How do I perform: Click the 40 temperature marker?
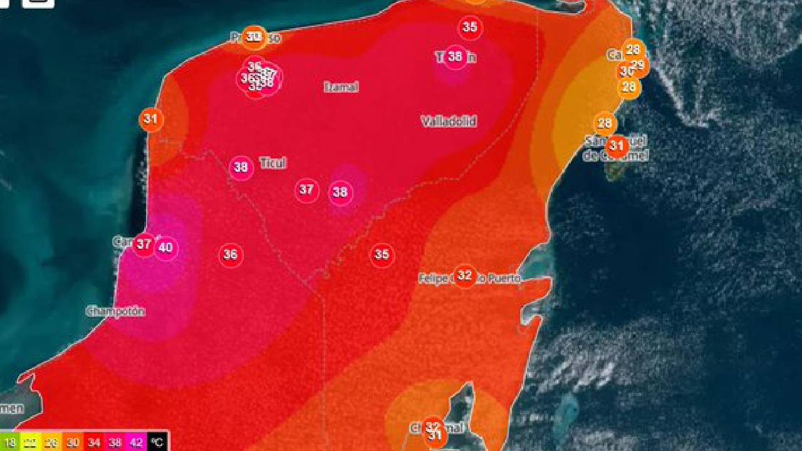click(x=165, y=248)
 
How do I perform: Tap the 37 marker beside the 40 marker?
click(x=144, y=244)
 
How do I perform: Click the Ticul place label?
click(x=273, y=163)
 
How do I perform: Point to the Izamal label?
click(x=341, y=87)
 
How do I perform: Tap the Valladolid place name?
click(x=449, y=122)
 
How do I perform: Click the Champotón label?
click(x=115, y=311)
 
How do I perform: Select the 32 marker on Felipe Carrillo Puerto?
click(x=464, y=276)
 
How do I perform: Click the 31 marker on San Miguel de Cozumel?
click(x=617, y=147)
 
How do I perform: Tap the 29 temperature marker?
click(x=638, y=65)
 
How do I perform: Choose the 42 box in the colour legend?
click(x=136, y=442)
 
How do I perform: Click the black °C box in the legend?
click(x=157, y=442)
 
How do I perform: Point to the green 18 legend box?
click(x=9, y=442)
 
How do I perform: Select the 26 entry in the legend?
click(x=52, y=442)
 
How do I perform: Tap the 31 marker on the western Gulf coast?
click(x=150, y=119)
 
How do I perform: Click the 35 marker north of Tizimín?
click(x=470, y=28)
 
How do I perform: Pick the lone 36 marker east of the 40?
click(x=231, y=255)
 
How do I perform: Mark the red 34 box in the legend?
click(x=94, y=442)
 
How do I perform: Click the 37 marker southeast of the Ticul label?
click(x=306, y=190)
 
